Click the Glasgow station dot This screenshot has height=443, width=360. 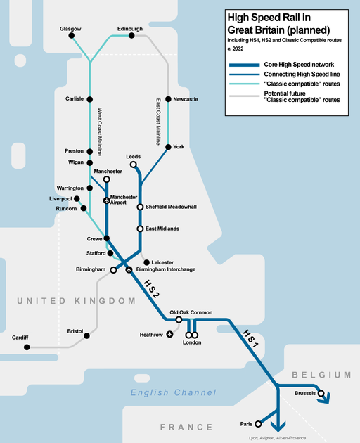[x=72, y=35]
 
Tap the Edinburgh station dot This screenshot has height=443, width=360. [x=131, y=35]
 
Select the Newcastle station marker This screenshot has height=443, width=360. [x=168, y=99]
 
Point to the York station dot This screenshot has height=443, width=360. [x=168, y=147]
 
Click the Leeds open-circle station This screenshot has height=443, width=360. [x=134, y=165]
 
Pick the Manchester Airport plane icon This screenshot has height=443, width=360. [x=107, y=200]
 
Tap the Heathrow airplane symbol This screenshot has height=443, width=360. [x=169, y=334]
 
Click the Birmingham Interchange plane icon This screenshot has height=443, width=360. [x=129, y=269]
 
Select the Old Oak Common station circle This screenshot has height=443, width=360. [x=179, y=319]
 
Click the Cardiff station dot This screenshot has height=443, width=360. [x=27, y=347]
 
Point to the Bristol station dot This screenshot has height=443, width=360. [x=86, y=335]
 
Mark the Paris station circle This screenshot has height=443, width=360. [x=258, y=424]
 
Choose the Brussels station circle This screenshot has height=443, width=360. [x=321, y=393]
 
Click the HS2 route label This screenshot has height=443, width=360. [x=152, y=289]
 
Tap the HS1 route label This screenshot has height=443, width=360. [x=250, y=338]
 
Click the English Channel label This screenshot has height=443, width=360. [x=173, y=392]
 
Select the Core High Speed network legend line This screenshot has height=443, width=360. [x=245, y=65]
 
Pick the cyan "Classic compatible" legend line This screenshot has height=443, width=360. [x=245, y=84]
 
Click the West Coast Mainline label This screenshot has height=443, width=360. [x=99, y=131]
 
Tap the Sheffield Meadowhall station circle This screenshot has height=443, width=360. [x=140, y=207]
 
